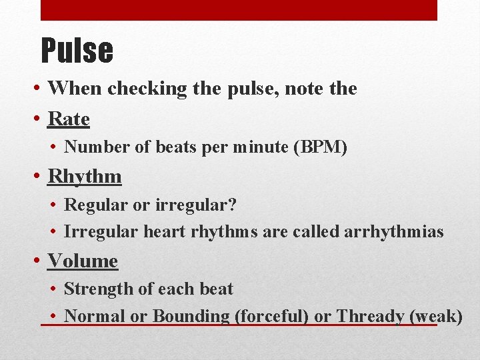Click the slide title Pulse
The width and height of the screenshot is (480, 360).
77,50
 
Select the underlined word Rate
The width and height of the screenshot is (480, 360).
69,119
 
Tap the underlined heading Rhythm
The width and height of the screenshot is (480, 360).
85,177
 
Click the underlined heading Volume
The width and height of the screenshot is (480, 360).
83,261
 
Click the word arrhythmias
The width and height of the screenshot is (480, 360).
393,231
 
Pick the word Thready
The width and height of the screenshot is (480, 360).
370,316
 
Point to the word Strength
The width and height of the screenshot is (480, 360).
94,289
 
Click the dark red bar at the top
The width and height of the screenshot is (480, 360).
239,10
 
